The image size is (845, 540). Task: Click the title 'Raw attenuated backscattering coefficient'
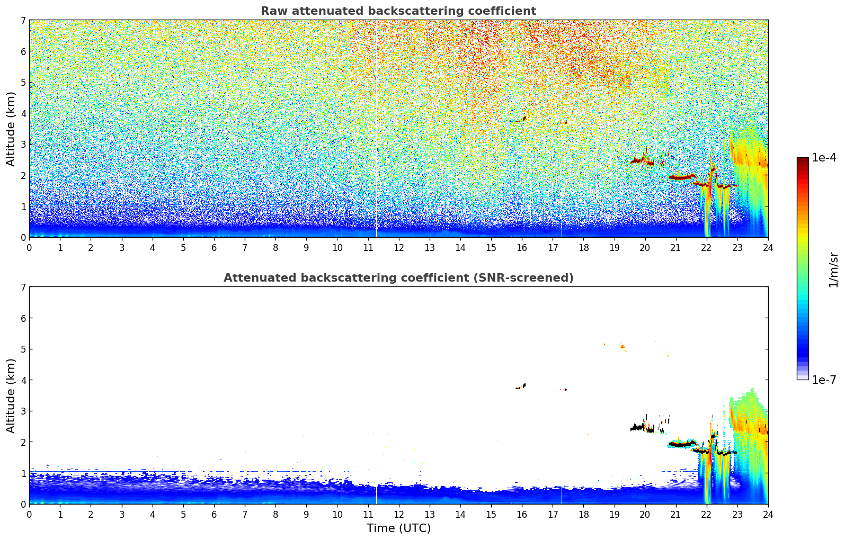pos(398,11)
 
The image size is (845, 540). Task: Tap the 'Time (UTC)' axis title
pos(398,528)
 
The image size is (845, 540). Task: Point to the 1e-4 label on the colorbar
pos(824,158)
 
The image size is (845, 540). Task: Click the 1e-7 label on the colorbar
pos(824,380)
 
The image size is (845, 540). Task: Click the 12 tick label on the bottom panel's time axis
pos(399,515)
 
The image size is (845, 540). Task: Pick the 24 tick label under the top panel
pos(768,248)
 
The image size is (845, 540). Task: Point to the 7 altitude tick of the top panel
pos(23,20)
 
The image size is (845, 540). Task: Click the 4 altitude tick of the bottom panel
pos(23,380)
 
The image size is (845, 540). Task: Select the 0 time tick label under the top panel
pos(30,248)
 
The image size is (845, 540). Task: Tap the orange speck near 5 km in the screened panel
pos(622,346)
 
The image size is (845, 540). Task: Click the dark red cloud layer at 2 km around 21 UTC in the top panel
pos(683,177)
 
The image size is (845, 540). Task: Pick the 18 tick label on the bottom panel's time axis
pos(584,515)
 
